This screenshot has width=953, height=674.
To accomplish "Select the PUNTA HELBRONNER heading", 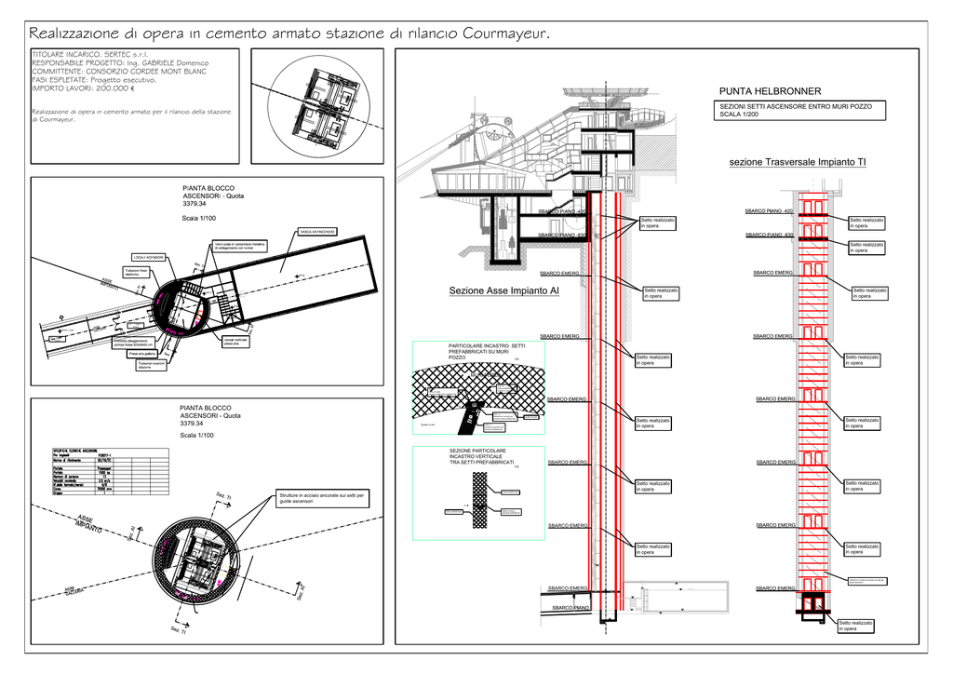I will coord(771,91).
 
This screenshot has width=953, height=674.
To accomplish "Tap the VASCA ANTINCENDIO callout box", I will coord(317,231).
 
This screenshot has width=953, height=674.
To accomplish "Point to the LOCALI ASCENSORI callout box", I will coord(149,257).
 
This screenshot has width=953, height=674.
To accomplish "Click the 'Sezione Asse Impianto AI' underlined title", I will coord(503,291).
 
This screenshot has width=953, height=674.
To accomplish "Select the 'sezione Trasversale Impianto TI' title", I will coord(798,162).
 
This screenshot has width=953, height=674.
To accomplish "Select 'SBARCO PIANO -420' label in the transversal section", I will coord(769,211).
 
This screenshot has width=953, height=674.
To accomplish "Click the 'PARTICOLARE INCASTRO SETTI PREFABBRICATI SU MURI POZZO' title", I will coord(487,351).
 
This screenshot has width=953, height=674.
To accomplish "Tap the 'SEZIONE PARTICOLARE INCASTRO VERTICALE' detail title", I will coord(482,456).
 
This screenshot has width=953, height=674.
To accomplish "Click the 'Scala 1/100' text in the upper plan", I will coord(198,218).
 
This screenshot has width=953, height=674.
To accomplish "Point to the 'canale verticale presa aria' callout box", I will coord(235,342).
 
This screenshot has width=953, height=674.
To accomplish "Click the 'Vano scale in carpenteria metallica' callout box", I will coord(240,247).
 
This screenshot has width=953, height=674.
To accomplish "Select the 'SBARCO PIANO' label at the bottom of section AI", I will coord(570,608).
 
